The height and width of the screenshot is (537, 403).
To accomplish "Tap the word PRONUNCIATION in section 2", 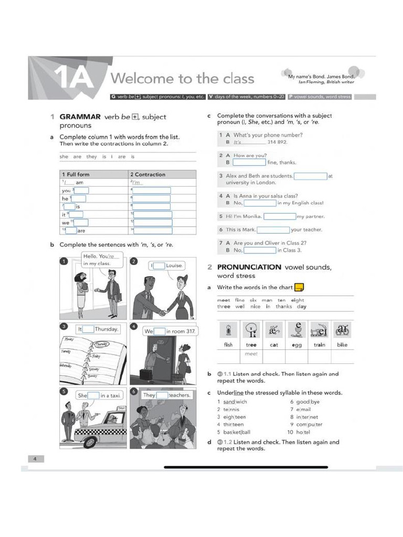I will (x=249, y=267).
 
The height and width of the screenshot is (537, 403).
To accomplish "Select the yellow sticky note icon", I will (x=299, y=287).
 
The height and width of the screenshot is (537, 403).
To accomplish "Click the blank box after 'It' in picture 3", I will (x=89, y=329).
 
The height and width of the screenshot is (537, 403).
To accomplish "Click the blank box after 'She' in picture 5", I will (x=93, y=395).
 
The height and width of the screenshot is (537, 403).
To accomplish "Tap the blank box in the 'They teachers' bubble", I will (x=162, y=395).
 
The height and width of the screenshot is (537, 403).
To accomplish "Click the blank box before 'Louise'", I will (x=159, y=266).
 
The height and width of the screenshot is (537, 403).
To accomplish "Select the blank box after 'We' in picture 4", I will (x=160, y=331).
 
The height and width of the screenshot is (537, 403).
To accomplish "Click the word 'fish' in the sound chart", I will (x=228, y=345).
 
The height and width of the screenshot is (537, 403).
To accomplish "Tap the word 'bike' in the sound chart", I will (x=342, y=345).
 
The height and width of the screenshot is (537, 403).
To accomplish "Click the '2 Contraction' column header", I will (x=147, y=174).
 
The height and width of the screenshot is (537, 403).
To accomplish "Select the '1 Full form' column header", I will (x=76, y=174).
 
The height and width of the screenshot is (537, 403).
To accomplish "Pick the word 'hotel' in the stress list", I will (x=303, y=432).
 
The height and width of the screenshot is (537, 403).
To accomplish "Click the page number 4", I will (x=35, y=459).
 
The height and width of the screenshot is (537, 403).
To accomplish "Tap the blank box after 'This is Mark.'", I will (x=273, y=230).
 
